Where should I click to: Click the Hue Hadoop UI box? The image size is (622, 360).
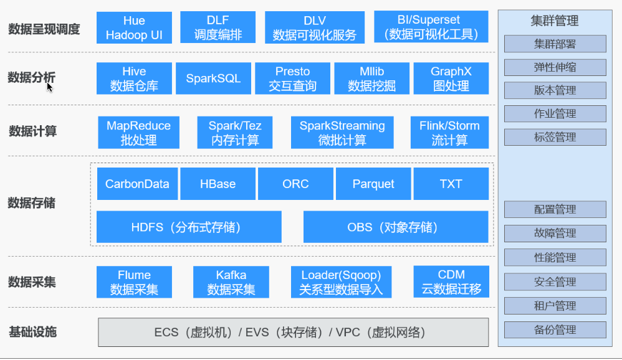point(134,28)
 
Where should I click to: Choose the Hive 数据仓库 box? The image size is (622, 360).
point(134,78)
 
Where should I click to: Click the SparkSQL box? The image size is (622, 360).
point(213,78)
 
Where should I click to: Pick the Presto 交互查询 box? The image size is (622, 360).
point(292,78)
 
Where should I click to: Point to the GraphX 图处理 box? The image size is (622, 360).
point(451,78)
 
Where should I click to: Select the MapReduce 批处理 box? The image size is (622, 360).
point(138,133)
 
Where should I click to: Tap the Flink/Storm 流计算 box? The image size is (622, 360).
point(449,133)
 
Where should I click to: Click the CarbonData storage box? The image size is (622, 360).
point(137,184)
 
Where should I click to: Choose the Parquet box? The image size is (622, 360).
point(373,184)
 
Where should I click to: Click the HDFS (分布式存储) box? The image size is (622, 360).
point(189,227)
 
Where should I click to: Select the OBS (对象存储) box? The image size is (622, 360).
point(395,227)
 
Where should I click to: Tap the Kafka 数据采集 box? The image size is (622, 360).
point(231,282)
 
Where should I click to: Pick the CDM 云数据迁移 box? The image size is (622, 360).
point(451,282)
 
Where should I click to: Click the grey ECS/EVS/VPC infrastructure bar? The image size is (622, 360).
point(293,332)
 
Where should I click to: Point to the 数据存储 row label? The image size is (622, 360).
point(32,203)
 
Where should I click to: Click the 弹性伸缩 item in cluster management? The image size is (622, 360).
point(555,67)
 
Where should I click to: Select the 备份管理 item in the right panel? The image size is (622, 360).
point(555,330)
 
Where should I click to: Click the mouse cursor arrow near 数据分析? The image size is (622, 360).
point(49,86)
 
